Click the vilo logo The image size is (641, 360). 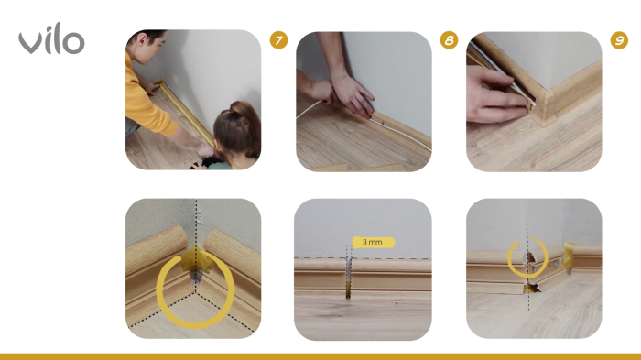pos(51,40)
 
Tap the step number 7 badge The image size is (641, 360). pos(279,40)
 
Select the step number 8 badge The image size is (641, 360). pos(449,40)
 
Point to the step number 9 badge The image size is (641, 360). pos(619,40)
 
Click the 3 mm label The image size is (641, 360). pos(372,243)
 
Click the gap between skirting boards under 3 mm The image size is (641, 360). pos(348,276)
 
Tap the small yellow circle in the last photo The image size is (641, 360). pos(528,258)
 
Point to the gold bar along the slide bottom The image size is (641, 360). pos(320,356)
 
